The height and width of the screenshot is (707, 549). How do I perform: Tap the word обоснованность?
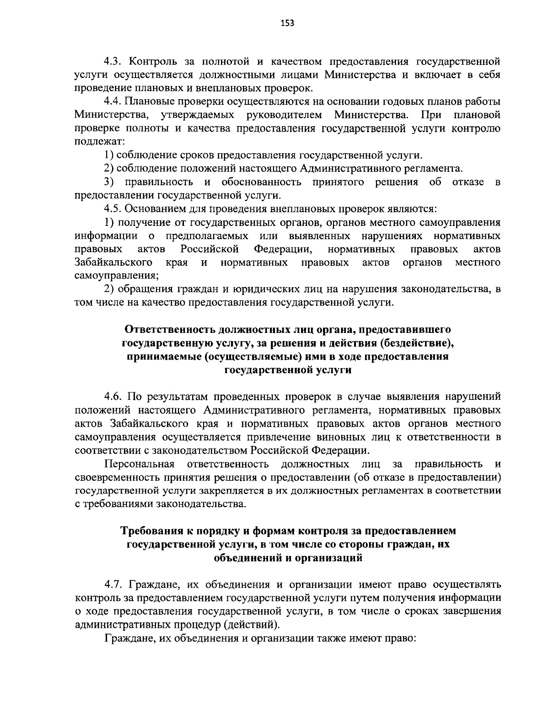pos(261,182)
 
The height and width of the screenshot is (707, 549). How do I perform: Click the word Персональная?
pos(140,464)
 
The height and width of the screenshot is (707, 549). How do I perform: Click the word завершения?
pos(472,611)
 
